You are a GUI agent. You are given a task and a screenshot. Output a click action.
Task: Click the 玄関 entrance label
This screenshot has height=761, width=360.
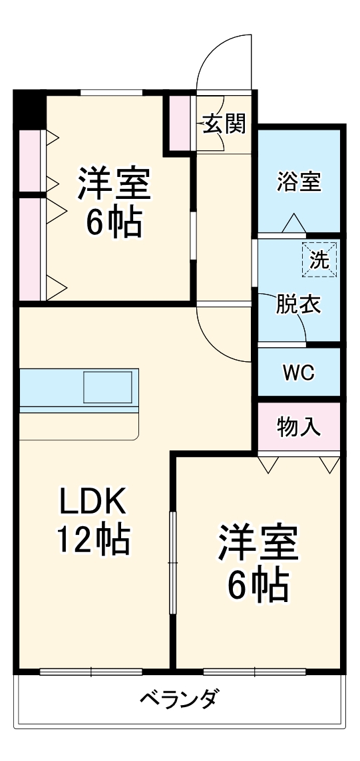coord(224,124)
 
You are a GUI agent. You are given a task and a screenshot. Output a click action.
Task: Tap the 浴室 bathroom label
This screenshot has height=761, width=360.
coord(299,181)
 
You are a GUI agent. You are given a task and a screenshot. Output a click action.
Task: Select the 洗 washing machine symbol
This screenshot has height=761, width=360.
coord(320,260)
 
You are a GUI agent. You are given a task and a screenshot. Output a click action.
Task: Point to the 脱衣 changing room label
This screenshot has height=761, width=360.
coord(299,304)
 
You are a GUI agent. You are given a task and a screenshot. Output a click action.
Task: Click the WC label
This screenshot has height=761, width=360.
coord(298,373)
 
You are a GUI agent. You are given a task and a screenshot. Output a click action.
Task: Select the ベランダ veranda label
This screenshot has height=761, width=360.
coord(179,700)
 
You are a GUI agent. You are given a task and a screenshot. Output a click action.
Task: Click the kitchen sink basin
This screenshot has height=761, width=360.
coord(107,387)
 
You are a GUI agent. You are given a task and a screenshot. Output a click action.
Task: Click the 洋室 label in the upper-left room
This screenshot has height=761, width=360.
coord(114,184)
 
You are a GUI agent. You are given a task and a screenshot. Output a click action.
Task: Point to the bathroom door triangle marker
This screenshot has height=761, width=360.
coord(293,224)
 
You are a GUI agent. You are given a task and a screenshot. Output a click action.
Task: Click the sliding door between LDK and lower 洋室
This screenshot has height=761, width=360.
coord(173,562)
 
